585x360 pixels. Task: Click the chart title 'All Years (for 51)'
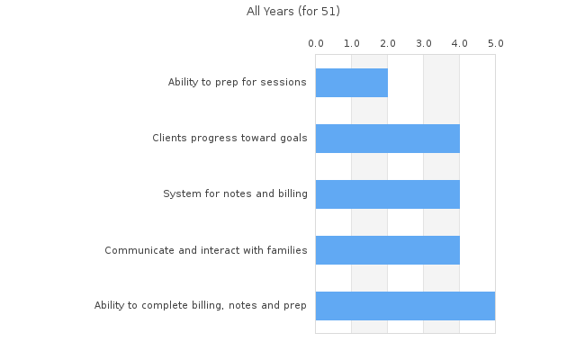pyautogui.click(x=292, y=12)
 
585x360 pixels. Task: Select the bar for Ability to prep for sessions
pyautogui.click(x=351, y=83)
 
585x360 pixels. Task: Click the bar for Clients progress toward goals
pyautogui.click(x=387, y=139)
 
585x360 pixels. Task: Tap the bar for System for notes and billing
pyautogui.click(x=387, y=194)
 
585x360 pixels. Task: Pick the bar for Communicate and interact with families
pyautogui.click(x=387, y=250)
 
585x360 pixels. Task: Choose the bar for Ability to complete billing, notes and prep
pyautogui.click(x=405, y=306)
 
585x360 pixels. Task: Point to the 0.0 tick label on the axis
pyautogui.click(x=316, y=43)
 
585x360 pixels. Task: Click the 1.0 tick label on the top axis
pyautogui.click(x=352, y=43)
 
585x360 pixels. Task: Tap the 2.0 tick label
pyautogui.click(x=388, y=43)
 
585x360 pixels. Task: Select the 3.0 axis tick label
pyautogui.click(x=424, y=43)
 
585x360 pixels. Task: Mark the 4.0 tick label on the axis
pyautogui.click(x=460, y=43)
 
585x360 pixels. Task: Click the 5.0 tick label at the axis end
pyautogui.click(x=495, y=43)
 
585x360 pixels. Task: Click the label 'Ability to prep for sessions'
pyautogui.click(x=238, y=83)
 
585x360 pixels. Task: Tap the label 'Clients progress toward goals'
pyautogui.click(x=229, y=139)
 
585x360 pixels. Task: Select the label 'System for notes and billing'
pyautogui.click(x=235, y=194)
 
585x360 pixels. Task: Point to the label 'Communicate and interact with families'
pyautogui.click(x=206, y=250)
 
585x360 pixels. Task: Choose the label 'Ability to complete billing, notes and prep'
pyautogui.click(x=201, y=306)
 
